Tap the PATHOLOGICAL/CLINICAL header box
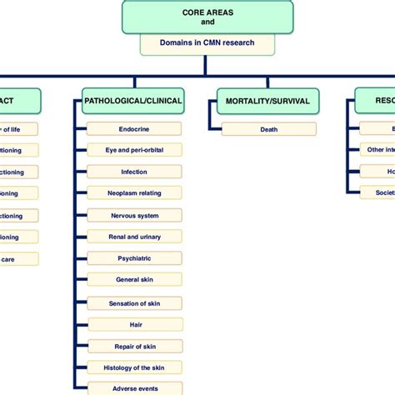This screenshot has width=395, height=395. click(133, 102)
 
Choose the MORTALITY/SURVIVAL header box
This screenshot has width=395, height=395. click(267, 102)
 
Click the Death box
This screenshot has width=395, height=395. click(268, 129)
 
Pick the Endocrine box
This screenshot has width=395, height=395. click(134, 129)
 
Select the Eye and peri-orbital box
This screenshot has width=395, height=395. click(134, 151)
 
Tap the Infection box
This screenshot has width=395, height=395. click(134, 172)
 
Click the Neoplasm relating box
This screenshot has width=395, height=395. click(134, 194)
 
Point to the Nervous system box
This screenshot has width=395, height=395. click(134, 216)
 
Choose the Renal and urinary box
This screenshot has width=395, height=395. click(134, 237)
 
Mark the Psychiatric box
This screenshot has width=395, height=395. click(134, 259)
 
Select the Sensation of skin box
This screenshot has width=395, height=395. click(134, 302)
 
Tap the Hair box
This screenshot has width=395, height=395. click(134, 324)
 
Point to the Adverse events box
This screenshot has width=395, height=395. click(134, 388)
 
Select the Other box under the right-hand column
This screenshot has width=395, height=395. click(377, 150)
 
